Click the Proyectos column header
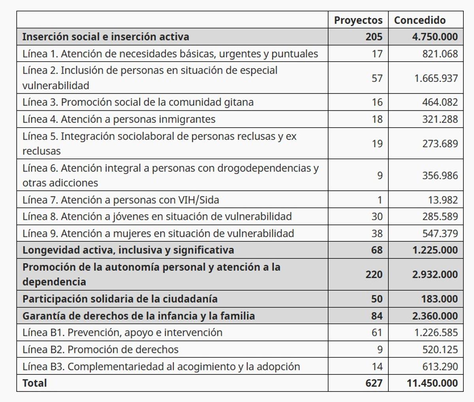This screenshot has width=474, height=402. tap(358, 20)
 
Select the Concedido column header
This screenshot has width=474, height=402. tap(419, 20)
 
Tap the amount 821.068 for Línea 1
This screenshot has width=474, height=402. tap(440, 54)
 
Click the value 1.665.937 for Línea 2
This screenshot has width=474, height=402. tap(436, 78)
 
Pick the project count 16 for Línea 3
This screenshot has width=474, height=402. tap(377, 102)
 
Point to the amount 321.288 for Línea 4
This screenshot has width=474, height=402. tap(440, 119)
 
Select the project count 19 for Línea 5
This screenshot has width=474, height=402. tap(377, 143)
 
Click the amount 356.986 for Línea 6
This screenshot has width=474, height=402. tap(440, 176)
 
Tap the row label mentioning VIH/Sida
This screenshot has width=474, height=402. tap(120, 200)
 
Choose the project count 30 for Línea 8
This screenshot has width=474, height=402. tap(377, 217)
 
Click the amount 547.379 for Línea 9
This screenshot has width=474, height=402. tap(440, 234)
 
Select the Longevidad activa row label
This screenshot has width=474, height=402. tap(128, 250)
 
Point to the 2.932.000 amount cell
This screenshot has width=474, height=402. tap(435, 274)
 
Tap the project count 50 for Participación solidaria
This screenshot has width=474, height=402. tap(376, 299)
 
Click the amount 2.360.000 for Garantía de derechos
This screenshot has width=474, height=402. tap(435, 316)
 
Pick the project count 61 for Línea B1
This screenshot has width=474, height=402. tap(377, 333)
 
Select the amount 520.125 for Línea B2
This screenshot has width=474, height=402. tap(440, 350)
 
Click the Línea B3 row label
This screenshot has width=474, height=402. tap(161, 367)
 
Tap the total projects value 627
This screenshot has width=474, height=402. tap(374, 383)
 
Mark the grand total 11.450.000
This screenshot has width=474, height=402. tap(432, 383)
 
